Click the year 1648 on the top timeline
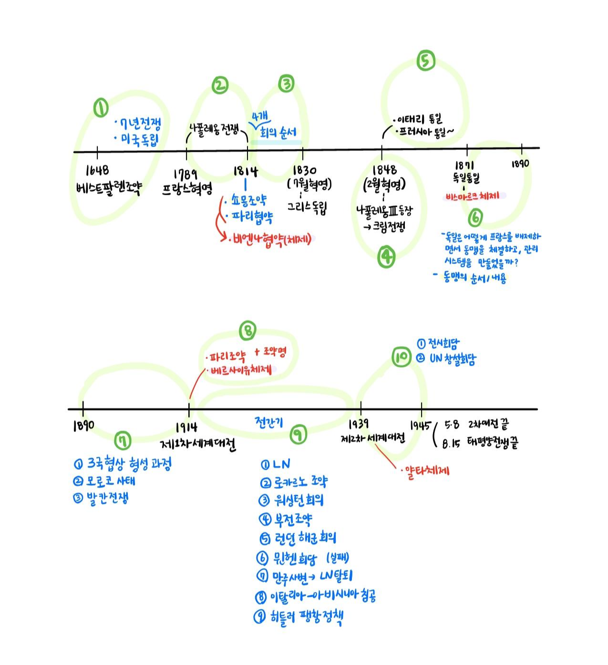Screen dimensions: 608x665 click(x=97, y=170)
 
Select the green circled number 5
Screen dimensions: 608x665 click(x=425, y=61)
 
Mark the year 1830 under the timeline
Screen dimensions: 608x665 click(x=305, y=170)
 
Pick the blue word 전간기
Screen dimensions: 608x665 click(x=269, y=422)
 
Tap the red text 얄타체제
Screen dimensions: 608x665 click(x=426, y=470)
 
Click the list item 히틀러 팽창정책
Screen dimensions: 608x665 click(x=304, y=616)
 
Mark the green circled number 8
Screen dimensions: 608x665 click(x=247, y=330)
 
